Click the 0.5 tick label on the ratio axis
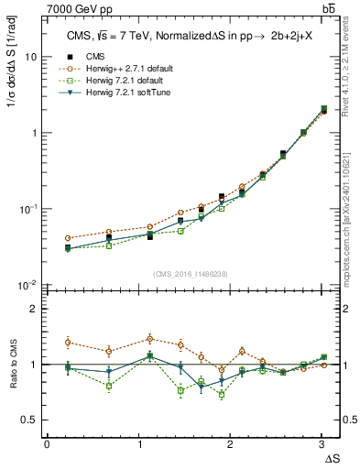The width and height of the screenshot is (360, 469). tap(28, 420)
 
